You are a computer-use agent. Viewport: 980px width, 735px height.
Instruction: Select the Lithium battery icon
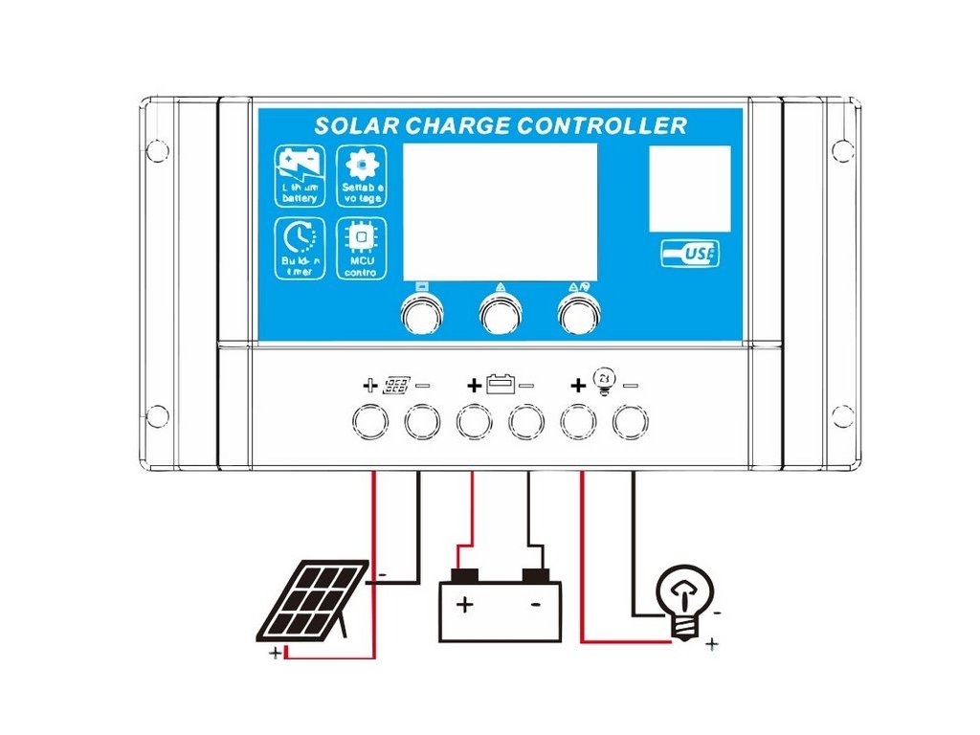(x=300, y=169)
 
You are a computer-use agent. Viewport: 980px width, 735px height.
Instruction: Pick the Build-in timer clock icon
(x=300, y=235)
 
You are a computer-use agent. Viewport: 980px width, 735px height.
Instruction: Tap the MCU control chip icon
(x=362, y=236)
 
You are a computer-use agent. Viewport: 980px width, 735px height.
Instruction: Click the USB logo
(x=690, y=254)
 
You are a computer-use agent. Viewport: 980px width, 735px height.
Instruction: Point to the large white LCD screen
(x=499, y=212)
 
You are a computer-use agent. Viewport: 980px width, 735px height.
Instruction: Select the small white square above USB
(x=689, y=189)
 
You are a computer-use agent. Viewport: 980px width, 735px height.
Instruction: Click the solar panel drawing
(x=312, y=600)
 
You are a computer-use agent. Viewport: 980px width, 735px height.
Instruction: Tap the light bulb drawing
(x=684, y=597)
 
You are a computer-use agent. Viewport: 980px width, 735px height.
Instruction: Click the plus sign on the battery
(x=464, y=605)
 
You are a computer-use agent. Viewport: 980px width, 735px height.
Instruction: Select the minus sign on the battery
(x=535, y=605)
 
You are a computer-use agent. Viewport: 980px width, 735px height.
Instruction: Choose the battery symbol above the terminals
(x=501, y=385)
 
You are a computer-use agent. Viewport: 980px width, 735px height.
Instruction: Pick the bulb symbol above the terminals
(x=604, y=381)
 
